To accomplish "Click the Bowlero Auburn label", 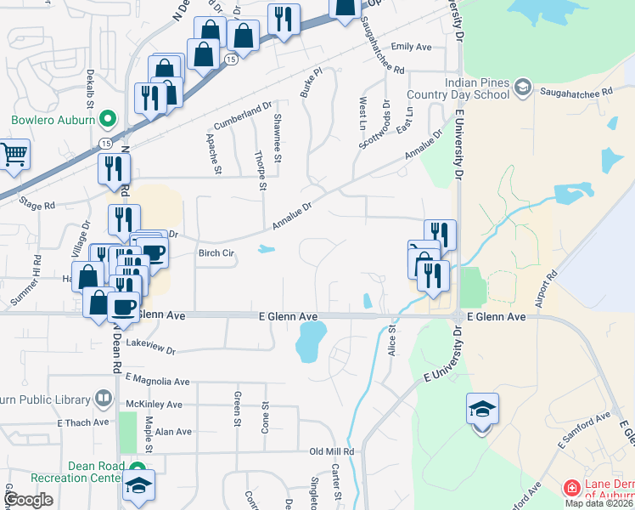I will pos(49,120).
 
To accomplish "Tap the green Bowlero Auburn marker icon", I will pos(107,119).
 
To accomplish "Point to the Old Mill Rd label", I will pos(331,452).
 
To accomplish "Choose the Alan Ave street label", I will pos(173,432).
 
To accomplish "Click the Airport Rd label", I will pos(550,289).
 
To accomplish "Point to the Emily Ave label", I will pos(413,47).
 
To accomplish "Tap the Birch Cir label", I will pos(216,253).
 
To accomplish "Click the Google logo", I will pos(29,500).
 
